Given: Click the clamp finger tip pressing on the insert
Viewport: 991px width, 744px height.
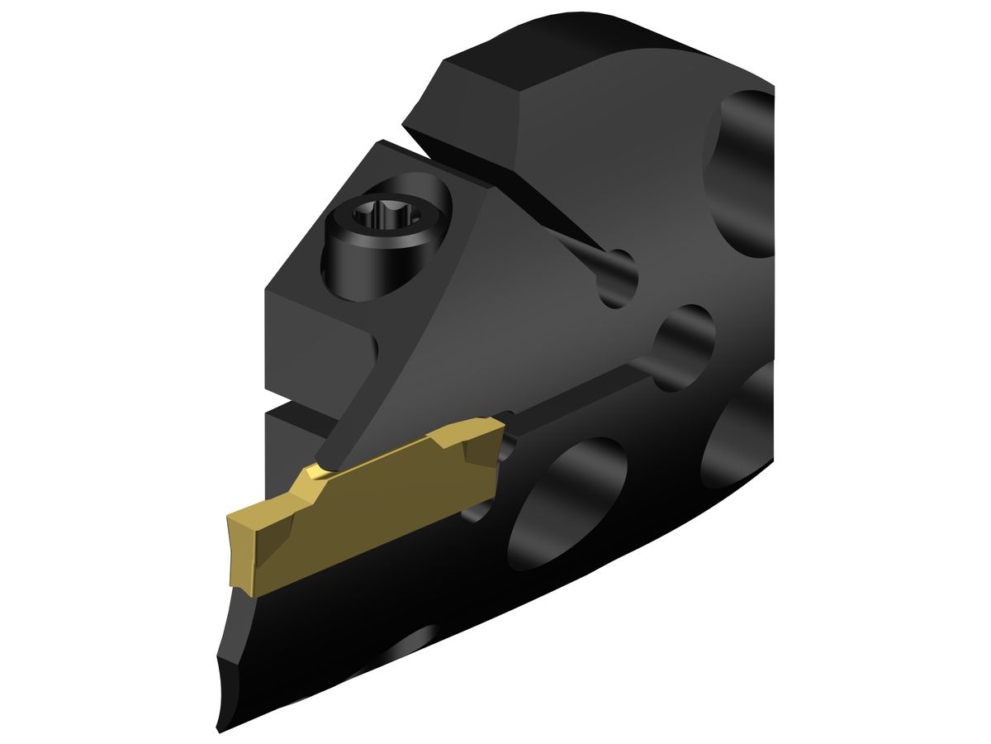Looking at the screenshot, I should click(326, 459).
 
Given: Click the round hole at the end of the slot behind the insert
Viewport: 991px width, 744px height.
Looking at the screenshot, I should click(684, 346).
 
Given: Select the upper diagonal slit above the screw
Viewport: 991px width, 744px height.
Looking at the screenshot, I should click(529, 207).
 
